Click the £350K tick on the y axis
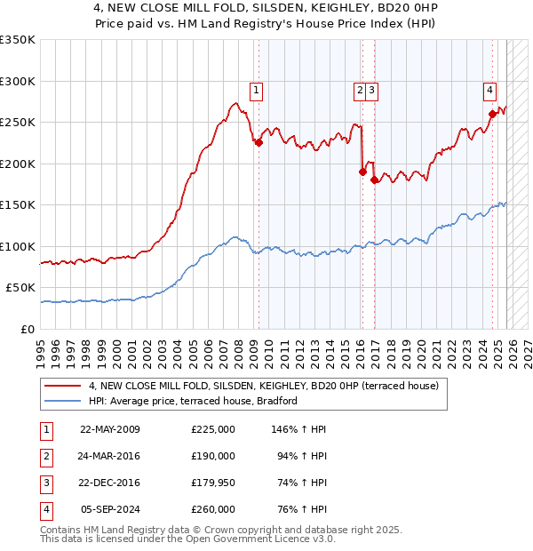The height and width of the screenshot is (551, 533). (18, 40)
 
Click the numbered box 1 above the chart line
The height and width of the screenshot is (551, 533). (256, 89)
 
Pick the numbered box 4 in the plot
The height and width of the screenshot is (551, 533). (489, 89)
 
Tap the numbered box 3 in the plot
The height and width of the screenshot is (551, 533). (370, 89)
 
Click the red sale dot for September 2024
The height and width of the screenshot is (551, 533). (492, 113)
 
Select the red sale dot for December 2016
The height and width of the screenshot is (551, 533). (374, 180)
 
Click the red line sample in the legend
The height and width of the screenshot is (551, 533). (62, 387)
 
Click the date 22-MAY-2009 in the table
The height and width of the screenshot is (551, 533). (109, 429)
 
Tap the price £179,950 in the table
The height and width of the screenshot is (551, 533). (212, 483)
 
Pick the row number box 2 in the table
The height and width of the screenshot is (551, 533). (45, 456)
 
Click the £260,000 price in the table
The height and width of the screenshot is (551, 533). (212, 509)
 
